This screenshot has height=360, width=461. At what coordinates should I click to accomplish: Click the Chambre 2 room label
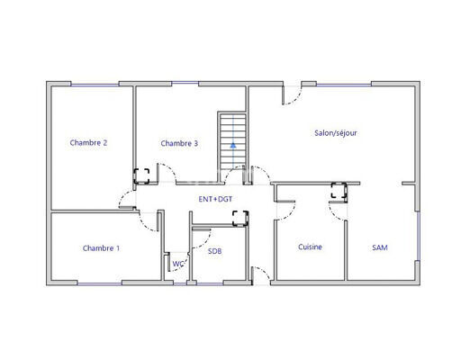[88, 142]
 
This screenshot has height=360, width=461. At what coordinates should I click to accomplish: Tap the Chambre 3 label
[179, 143]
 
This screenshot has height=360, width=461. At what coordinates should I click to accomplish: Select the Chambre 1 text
[101, 248]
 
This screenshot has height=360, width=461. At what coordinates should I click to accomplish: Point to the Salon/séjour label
[336, 133]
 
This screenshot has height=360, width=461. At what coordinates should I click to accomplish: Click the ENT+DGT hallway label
[215, 199]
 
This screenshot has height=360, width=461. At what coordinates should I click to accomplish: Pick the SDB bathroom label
[215, 251]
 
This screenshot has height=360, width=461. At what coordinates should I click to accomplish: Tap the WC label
[178, 264]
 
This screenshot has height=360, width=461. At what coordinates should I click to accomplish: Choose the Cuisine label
[310, 247]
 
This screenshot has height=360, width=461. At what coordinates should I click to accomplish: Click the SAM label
[380, 247]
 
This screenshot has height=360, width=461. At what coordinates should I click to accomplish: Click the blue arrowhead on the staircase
[233, 146]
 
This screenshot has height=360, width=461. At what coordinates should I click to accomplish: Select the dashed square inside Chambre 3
[141, 176]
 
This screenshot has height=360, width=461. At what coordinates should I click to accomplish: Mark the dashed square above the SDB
[240, 218]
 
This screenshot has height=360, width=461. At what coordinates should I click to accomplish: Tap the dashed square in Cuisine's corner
[339, 190]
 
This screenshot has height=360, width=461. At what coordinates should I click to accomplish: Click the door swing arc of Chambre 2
[122, 195]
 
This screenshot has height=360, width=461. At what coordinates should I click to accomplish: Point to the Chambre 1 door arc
[145, 226]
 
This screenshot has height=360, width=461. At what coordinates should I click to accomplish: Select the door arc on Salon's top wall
[295, 99]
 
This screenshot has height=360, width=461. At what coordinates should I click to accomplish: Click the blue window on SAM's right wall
[418, 236]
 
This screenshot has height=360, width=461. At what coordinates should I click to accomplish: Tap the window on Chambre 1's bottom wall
[99, 283]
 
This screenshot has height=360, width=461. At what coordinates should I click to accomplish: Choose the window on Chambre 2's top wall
[95, 85]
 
